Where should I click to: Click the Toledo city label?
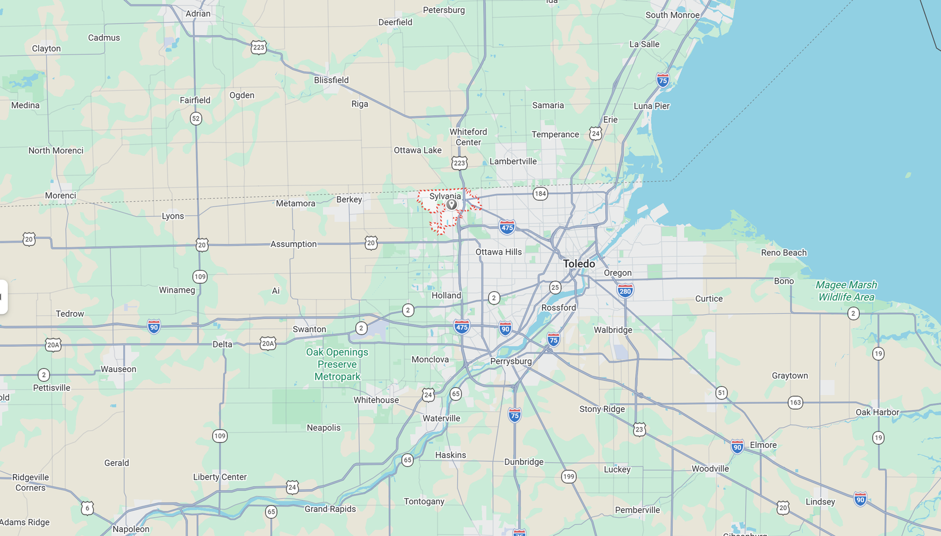tap(579, 264)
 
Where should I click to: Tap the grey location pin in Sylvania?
tap(451, 205)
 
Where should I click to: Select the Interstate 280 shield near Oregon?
tap(625, 290)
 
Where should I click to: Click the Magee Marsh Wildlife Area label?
tap(846, 291)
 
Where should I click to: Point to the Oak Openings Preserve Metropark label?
tap(337, 364)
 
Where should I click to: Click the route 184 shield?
tap(540, 193)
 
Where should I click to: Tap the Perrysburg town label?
tap(510, 361)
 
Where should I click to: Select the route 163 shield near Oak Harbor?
tap(795, 403)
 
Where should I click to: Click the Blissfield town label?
tap(331, 80)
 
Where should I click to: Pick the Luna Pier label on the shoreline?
tap(652, 106)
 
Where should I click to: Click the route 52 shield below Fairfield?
tap(196, 118)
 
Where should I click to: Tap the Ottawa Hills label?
tap(498, 252)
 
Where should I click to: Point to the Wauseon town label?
tap(118, 369)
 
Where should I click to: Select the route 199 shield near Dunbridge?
tap(568, 477)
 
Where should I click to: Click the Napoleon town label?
tap(131, 529)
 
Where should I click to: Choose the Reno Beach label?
tap(783, 253)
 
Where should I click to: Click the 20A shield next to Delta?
tap(268, 343)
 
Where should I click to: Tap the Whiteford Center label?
tap(468, 137)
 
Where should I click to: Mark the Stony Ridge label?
tap(602, 409)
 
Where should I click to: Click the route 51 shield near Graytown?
tap(722, 393)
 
